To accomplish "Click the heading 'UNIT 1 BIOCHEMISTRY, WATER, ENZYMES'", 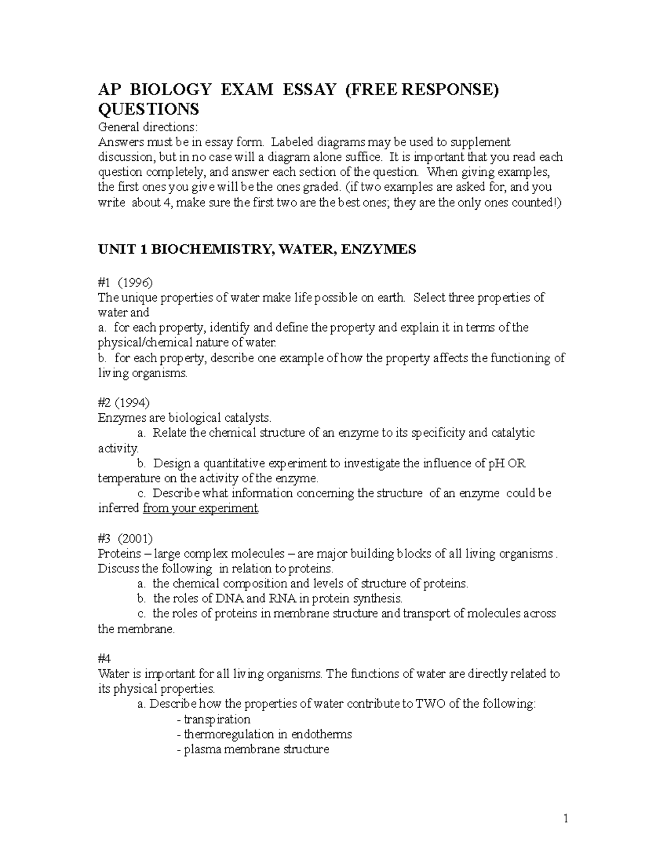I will point(257,249).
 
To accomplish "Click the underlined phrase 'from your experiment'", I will point(201,508).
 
